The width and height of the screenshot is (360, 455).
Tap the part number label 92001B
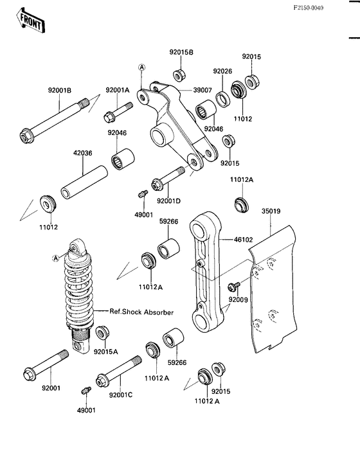pos(60,91)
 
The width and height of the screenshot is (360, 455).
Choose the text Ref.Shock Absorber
pos(141,312)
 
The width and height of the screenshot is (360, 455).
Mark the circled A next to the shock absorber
pos(55,258)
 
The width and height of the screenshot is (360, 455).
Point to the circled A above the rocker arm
pos(141,67)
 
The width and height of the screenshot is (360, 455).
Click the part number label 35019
pos(271,210)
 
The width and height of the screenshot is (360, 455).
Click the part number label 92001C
pos(120,395)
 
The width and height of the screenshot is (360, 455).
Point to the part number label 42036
pos(83,154)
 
